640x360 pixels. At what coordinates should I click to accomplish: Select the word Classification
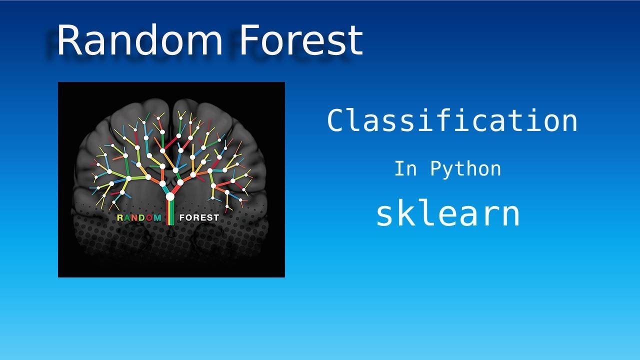click(452, 121)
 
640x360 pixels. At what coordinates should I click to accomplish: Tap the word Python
click(465, 169)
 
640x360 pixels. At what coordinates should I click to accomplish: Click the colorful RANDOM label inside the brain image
click(139, 217)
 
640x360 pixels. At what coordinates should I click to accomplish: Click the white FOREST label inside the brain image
click(199, 217)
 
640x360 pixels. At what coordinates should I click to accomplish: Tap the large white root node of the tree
click(170, 196)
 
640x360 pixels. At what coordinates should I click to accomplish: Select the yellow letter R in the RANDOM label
click(120, 217)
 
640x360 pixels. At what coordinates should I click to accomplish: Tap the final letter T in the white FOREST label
click(215, 217)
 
